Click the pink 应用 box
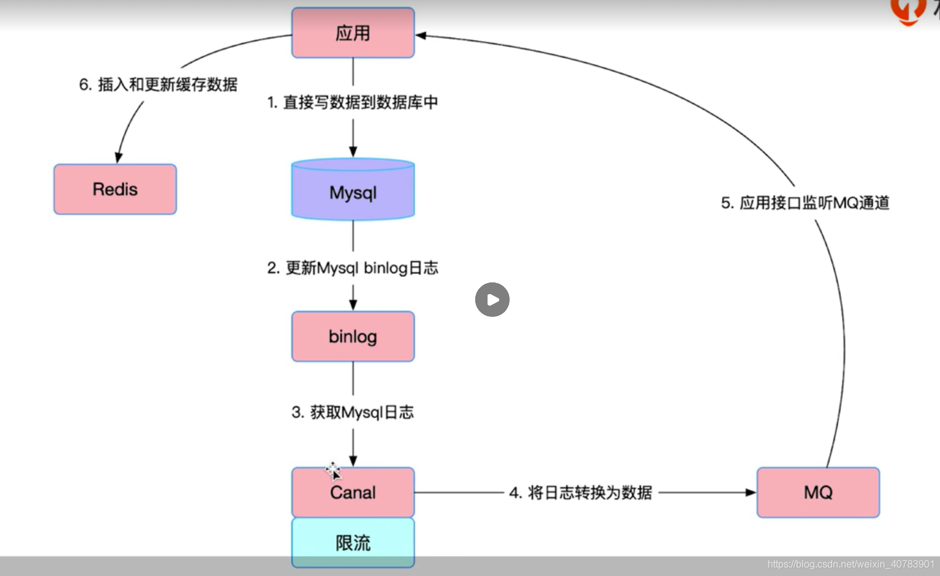pyautogui.click(x=353, y=33)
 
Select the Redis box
pyautogui.click(x=115, y=190)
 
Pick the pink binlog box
pyautogui.click(x=353, y=337)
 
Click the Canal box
pyautogui.click(x=353, y=492)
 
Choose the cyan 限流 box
pyautogui.click(x=353, y=542)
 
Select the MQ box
pyautogui.click(x=818, y=492)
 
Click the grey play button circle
pyautogui.click(x=492, y=300)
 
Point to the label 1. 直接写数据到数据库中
pyautogui.click(x=352, y=102)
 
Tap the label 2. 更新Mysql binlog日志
pyautogui.click(x=353, y=268)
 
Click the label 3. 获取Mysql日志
pyautogui.click(x=353, y=412)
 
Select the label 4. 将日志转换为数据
pyautogui.click(x=580, y=493)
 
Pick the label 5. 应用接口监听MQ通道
pyautogui.click(x=805, y=203)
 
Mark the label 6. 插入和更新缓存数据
pyautogui.click(x=158, y=84)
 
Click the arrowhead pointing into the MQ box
pyautogui.click(x=750, y=492)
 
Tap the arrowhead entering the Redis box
pyautogui.click(x=119, y=158)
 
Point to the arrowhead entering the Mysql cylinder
pyautogui.click(x=353, y=152)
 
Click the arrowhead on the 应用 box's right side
pyautogui.click(x=422, y=36)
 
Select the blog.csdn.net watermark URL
pyautogui.click(x=851, y=564)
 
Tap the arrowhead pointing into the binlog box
pyautogui.click(x=353, y=305)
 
